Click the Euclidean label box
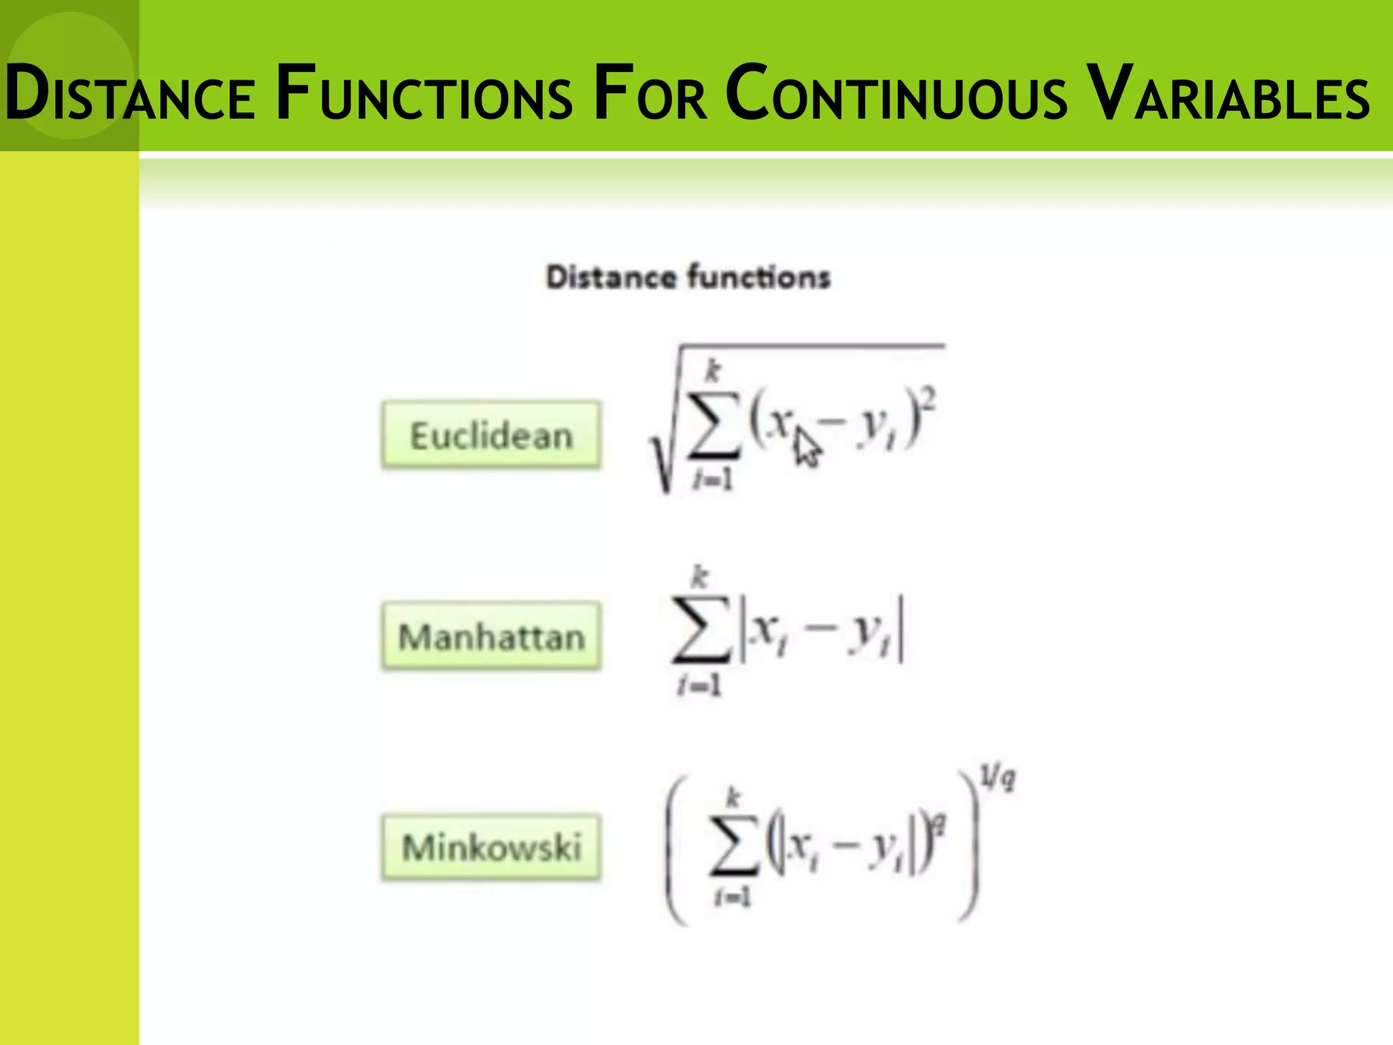[x=491, y=435]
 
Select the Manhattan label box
[x=491, y=637]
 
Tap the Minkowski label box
[x=491, y=848]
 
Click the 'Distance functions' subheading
[x=688, y=278]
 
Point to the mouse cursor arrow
[x=807, y=446]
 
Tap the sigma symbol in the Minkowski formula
[x=733, y=844]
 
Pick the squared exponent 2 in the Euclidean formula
[x=930, y=395]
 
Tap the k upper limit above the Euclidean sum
[x=713, y=371]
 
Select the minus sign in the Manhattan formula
[x=819, y=631]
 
